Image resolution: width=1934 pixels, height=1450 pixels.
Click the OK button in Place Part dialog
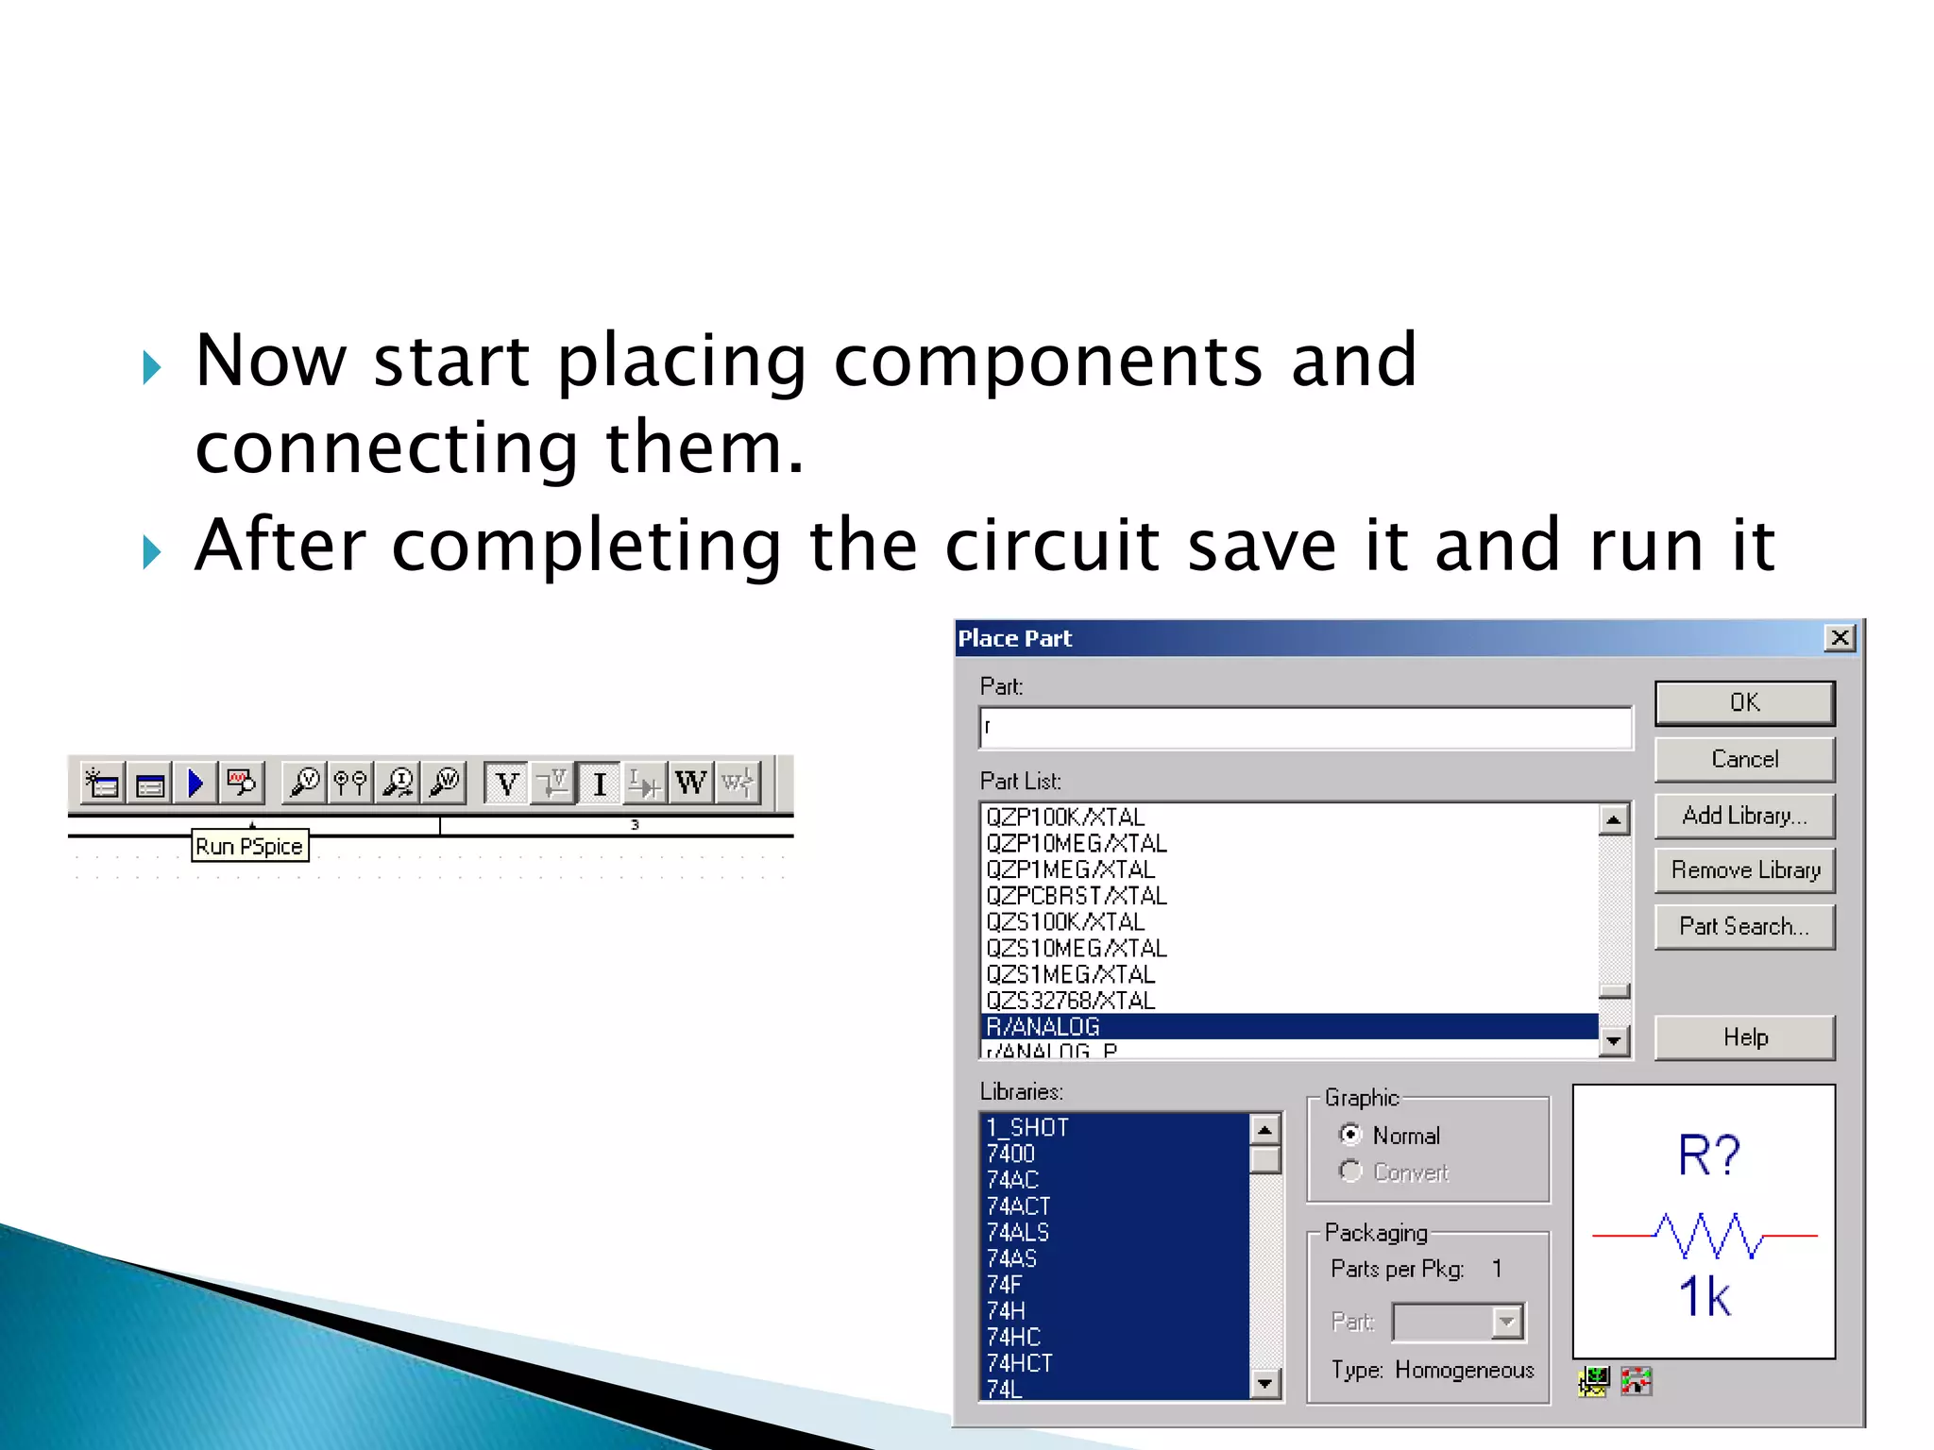(1743, 703)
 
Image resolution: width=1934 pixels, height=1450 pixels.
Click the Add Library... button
(1743, 816)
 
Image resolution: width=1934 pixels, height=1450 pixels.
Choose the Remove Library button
(1743, 870)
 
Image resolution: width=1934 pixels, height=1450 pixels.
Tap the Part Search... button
(1743, 927)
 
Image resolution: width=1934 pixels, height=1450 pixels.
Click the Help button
(1743, 1037)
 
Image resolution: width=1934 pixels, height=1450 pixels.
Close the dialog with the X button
(1839, 638)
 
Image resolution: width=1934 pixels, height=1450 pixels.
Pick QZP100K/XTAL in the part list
(1065, 818)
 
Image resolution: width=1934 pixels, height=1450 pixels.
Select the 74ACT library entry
(1018, 1206)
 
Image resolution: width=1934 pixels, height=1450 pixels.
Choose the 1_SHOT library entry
(1027, 1128)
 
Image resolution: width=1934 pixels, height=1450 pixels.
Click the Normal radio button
(1351, 1135)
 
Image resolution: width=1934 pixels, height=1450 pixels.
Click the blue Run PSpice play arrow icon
(195, 784)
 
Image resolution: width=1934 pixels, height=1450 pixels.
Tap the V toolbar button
(507, 784)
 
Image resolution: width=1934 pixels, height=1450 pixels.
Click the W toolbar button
(690, 784)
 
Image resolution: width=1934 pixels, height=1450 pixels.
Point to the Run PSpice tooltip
(249, 846)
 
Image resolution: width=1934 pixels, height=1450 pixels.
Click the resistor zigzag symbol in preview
(1706, 1235)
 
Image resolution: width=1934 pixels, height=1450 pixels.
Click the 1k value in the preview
(1705, 1296)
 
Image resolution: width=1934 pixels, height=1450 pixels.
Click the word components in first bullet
(1047, 361)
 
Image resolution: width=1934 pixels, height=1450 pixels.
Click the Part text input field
(1305, 728)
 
